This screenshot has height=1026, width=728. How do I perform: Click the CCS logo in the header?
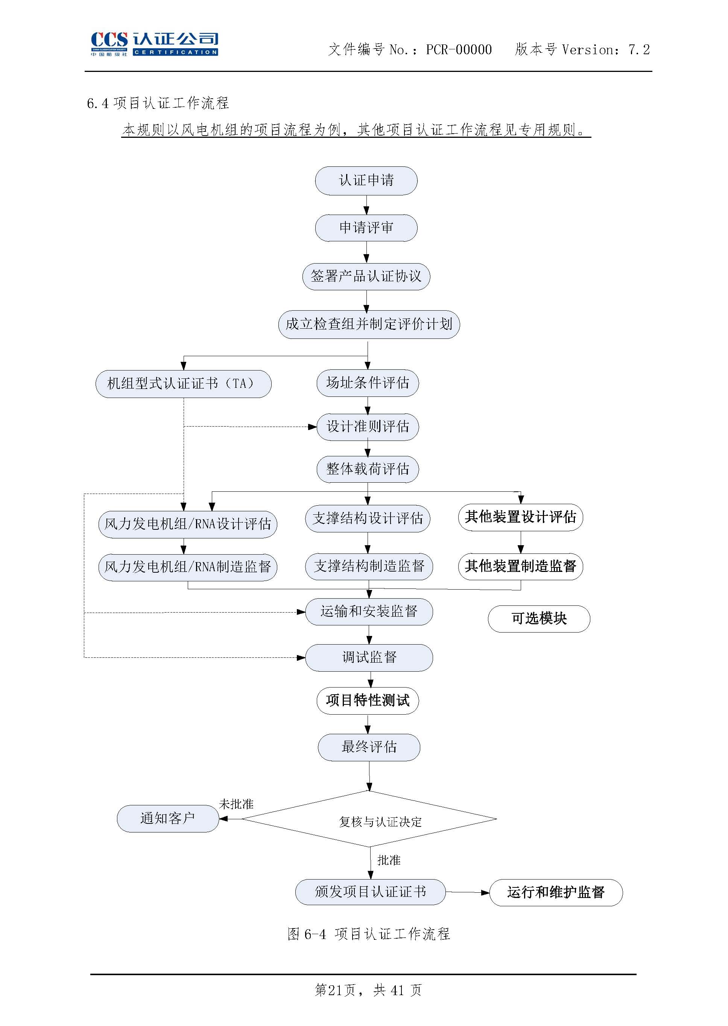(x=154, y=44)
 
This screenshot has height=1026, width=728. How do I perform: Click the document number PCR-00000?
(x=459, y=50)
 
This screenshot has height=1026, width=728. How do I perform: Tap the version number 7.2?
(x=639, y=50)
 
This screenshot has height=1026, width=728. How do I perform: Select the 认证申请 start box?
(x=366, y=181)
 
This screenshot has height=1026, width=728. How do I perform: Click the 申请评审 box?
(x=366, y=228)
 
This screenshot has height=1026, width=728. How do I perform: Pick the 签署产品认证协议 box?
(x=366, y=276)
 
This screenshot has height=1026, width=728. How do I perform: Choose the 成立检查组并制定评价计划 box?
(x=369, y=324)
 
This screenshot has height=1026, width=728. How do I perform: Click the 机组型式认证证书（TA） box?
(x=183, y=384)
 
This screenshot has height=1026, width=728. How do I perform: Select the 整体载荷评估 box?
(x=368, y=469)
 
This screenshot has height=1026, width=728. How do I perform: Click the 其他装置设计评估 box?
(x=520, y=517)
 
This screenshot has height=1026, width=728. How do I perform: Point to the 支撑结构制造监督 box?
(x=369, y=567)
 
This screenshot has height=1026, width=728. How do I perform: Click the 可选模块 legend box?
(x=539, y=619)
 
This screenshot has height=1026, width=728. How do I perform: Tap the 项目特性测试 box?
(x=368, y=701)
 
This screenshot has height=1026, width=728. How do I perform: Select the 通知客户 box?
(x=168, y=819)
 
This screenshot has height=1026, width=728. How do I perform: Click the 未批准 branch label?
(x=236, y=804)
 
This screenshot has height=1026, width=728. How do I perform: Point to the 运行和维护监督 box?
(x=556, y=892)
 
